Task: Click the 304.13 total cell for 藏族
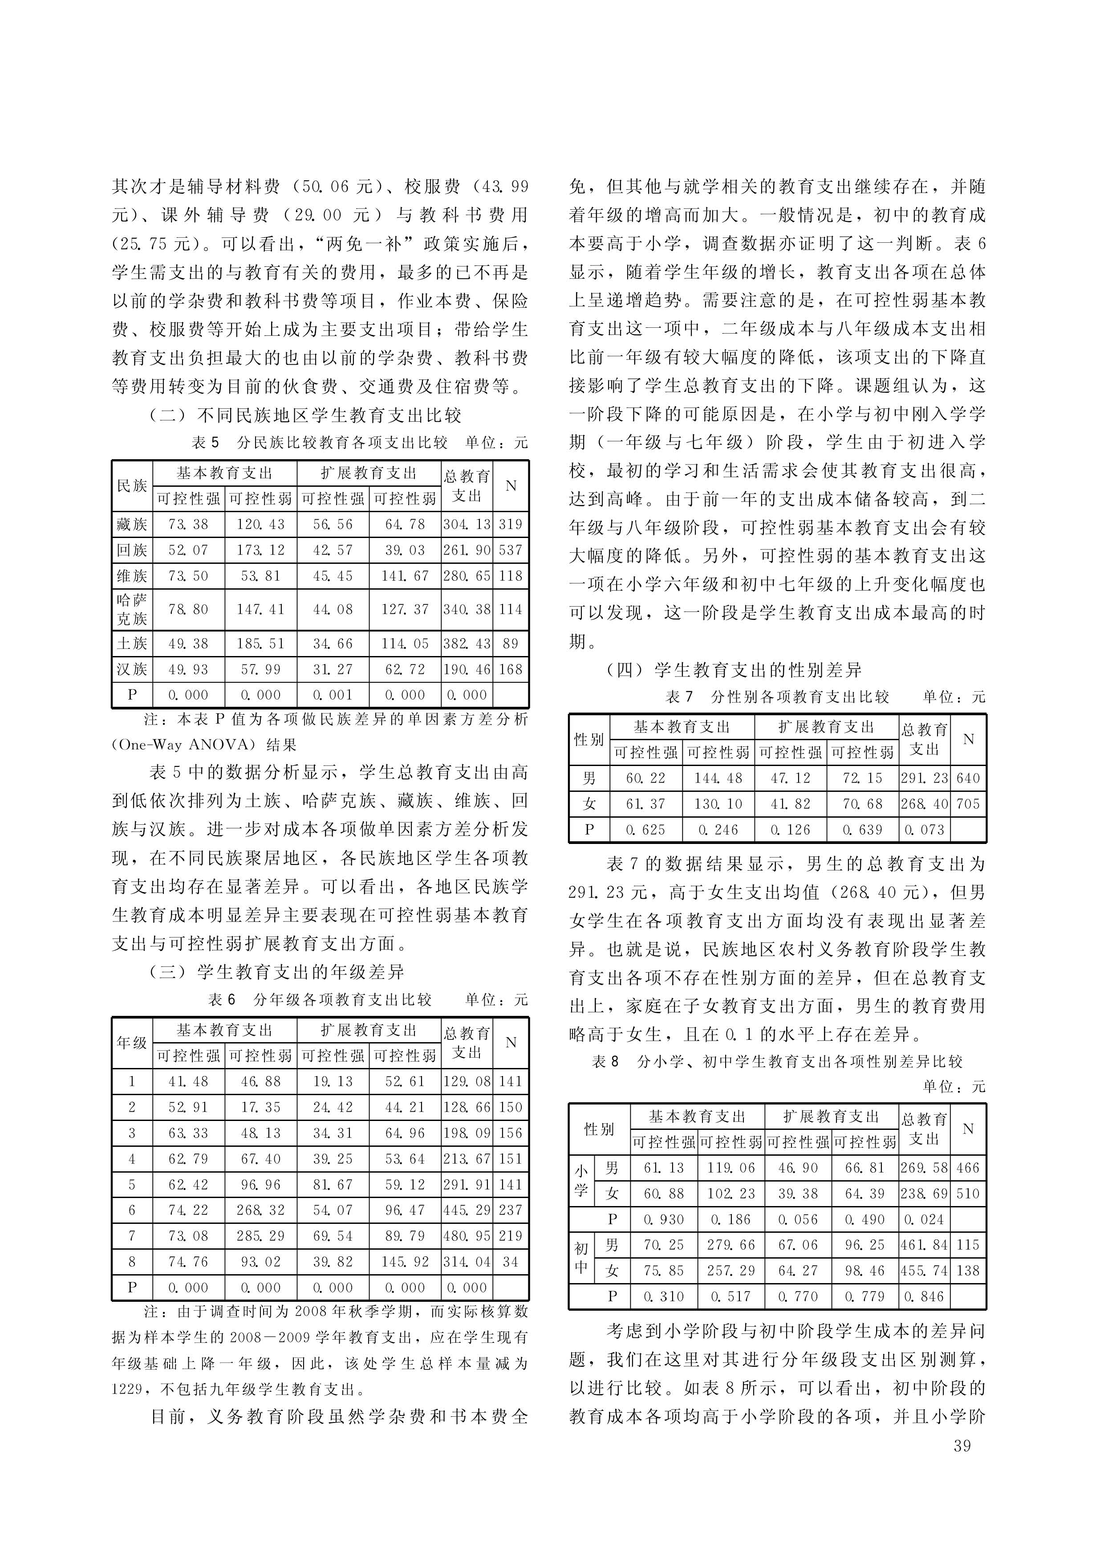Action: point(467,524)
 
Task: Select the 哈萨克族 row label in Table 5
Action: point(132,609)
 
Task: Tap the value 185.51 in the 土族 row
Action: point(261,644)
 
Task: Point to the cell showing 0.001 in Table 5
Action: point(333,695)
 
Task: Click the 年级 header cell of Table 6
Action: point(132,1043)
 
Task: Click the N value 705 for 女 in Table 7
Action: point(968,804)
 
